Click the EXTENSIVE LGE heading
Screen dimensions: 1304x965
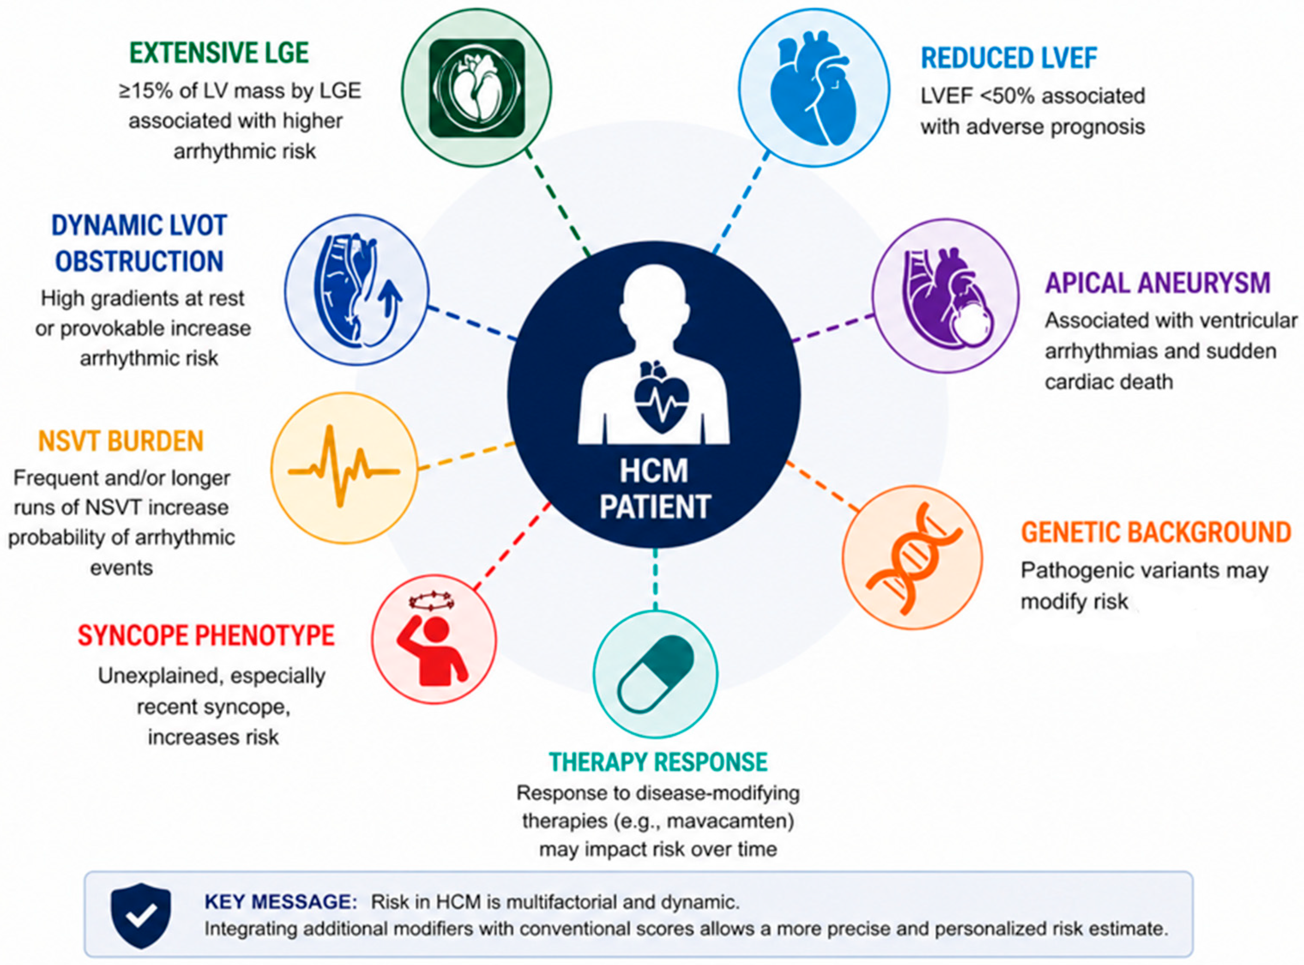coord(219,53)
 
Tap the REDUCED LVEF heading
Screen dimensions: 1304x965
coord(1009,58)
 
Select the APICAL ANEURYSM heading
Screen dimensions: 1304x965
coord(1158,283)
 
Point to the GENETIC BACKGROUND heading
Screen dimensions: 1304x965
coord(1156,532)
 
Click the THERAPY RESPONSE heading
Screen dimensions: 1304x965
coord(658,762)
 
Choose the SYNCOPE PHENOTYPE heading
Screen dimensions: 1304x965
coord(206,635)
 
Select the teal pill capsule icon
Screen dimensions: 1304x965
coord(656,674)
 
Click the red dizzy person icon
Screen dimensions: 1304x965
coord(433,638)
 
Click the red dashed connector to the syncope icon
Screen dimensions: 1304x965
coord(512,546)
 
